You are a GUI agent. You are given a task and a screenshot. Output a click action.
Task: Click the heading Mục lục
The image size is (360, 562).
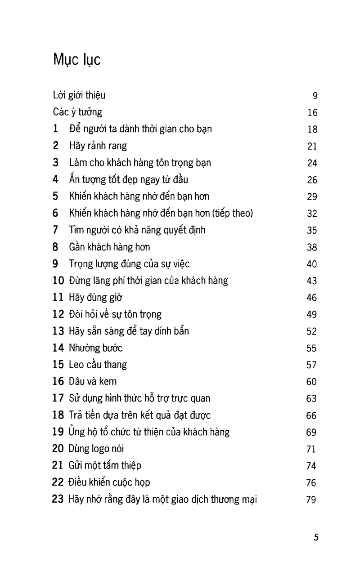pyautogui.click(x=76, y=60)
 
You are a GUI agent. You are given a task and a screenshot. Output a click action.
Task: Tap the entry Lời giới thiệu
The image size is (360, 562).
pyautogui.click(x=79, y=95)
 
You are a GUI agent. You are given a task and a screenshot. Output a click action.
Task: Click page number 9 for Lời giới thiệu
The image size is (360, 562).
pyautogui.click(x=315, y=96)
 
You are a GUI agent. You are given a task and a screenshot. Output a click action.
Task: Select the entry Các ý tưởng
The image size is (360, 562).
pyautogui.click(x=77, y=112)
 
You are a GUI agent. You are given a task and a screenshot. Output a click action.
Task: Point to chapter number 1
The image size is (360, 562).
pyautogui.click(x=55, y=129)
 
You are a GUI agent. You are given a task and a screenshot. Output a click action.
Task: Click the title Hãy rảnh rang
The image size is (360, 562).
pyautogui.click(x=98, y=146)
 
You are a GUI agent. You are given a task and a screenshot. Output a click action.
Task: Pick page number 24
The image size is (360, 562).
pyautogui.click(x=312, y=163)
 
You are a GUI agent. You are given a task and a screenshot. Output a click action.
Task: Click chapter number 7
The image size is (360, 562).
pyautogui.click(x=55, y=230)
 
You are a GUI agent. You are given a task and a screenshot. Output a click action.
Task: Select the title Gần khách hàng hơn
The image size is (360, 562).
pyautogui.click(x=109, y=247)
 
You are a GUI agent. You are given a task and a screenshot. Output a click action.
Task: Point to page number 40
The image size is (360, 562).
pyautogui.click(x=312, y=264)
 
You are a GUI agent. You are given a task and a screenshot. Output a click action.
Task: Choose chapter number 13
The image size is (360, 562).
pyautogui.click(x=58, y=331)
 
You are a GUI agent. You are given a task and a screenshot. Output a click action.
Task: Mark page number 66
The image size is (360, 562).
pyautogui.click(x=312, y=416)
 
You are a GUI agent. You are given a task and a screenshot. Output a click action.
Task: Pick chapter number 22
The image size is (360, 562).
pyautogui.click(x=58, y=483)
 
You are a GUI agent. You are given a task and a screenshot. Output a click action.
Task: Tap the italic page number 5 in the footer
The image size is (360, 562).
pyautogui.click(x=316, y=537)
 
